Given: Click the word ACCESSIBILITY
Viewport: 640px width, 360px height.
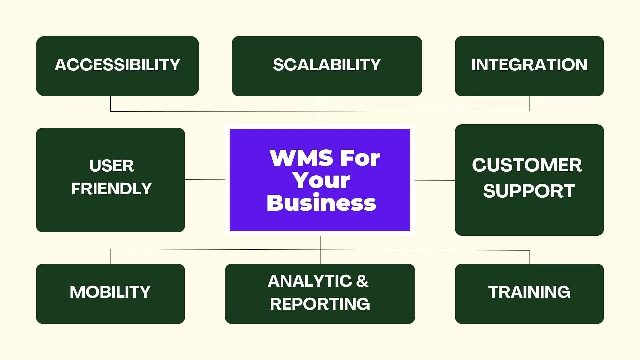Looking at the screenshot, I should [117, 65].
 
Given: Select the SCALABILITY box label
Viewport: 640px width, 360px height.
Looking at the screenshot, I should [327, 65].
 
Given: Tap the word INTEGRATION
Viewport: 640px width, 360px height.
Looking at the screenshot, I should [529, 65].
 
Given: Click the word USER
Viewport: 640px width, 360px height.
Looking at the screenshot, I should [112, 166].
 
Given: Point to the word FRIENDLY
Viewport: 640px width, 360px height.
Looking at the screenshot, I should [112, 189].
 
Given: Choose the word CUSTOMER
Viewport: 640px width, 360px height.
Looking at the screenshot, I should [527, 165].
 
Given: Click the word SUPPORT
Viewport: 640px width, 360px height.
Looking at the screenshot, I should [529, 191].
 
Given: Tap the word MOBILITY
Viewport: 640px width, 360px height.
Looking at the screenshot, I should [110, 292].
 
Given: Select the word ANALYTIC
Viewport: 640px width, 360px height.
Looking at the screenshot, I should [310, 281].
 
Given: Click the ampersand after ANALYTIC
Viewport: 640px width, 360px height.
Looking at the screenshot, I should [362, 281].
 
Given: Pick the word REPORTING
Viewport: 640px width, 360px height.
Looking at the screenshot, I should [320, 304].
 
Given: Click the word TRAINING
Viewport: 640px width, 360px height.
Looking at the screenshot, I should [529, 292].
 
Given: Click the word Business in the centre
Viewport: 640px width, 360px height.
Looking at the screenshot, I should [321, 203].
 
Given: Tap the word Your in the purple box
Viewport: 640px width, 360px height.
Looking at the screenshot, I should [321, 180].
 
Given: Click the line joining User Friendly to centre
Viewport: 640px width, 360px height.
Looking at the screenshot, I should [205, 179].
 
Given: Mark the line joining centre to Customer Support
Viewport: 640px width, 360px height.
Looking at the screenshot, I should [435, 180].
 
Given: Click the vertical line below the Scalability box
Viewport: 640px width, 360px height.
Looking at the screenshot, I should [320, 110].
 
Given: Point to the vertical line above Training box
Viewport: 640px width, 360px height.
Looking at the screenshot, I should [529, 257].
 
